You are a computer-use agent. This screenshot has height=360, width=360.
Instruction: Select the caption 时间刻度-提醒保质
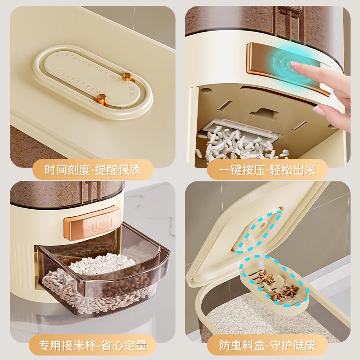pos(93,171)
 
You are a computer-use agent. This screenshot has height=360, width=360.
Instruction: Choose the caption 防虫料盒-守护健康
pos(267,346)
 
